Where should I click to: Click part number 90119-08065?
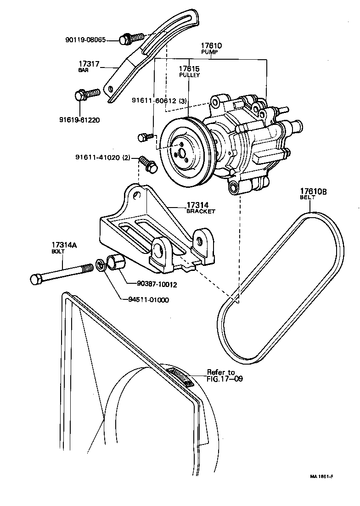point(85,40)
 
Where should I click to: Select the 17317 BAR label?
point(89,66)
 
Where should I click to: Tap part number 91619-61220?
point(79,120)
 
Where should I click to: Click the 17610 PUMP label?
point(211,49)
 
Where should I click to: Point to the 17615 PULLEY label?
point(189,71)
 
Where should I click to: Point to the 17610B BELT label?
point(313,194)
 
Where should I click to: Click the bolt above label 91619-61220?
point(86,95)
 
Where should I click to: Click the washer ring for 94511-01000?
point(100,265)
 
